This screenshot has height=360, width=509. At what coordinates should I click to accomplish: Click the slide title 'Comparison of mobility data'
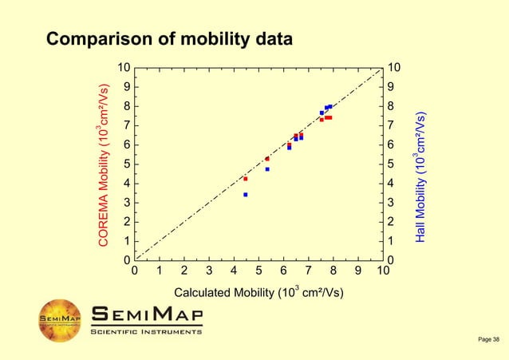(169, 38)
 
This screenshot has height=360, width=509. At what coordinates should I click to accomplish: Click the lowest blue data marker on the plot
(245, 194)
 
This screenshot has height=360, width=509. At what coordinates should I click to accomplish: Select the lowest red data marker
(245, 178)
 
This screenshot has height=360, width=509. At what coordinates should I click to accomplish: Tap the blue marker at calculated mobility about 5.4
(267, 169)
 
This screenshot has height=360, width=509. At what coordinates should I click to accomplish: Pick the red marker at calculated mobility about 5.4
(267, 159)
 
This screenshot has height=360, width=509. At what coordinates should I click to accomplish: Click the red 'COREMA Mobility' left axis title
(104, 164)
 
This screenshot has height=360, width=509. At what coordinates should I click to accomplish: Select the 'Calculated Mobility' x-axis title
(258, 292)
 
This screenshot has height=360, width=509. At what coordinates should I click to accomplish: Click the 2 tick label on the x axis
(184, 271)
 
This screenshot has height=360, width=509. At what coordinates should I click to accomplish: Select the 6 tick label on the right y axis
(391, 144)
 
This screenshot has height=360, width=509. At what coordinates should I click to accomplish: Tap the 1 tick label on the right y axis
(391, 241)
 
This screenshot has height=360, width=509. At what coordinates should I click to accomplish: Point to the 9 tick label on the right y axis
(391, 86)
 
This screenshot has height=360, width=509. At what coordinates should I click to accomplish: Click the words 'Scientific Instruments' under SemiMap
(146, 331)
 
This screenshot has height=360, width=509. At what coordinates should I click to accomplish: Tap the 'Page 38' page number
(488, 341)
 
